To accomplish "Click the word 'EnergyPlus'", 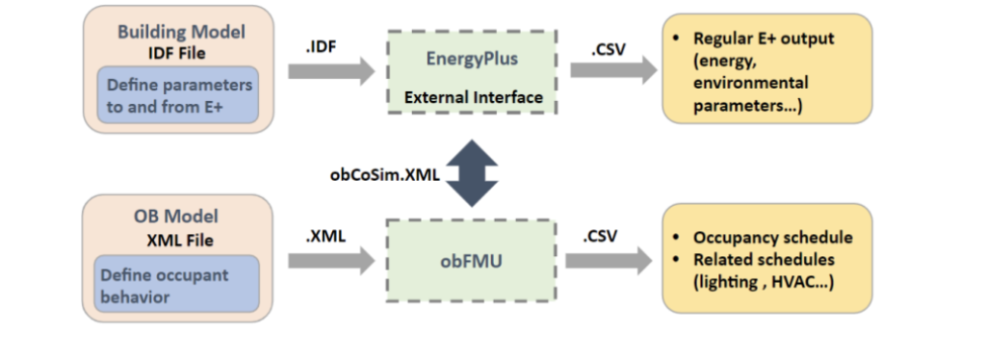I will tap(473, 60).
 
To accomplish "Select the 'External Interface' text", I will tap(473, 97).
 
